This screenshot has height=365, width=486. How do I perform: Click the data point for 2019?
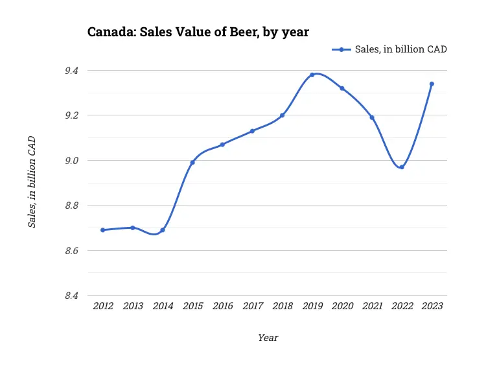[x=312, y=75]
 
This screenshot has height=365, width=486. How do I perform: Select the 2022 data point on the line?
[x=402, y=167]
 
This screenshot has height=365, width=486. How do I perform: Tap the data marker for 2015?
[x=192, y=162]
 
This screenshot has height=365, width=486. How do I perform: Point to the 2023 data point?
[x=432, y=84]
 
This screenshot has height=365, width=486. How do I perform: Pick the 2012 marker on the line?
[x=102, y=230]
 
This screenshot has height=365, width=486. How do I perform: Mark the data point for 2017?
[x=252, y=131]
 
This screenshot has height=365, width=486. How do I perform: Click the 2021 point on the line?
[x=372, y=117]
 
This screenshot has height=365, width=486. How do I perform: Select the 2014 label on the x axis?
[x=163, y=306]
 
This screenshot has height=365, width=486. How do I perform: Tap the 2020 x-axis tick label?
[x=342, y=306]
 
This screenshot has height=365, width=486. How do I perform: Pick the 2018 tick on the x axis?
[x=282, y=306]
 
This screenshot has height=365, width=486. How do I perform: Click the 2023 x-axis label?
[x=432, y=306]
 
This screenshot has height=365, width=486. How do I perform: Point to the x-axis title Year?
[x=268, y=337]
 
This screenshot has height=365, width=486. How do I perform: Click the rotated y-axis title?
[x=32, y=182]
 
